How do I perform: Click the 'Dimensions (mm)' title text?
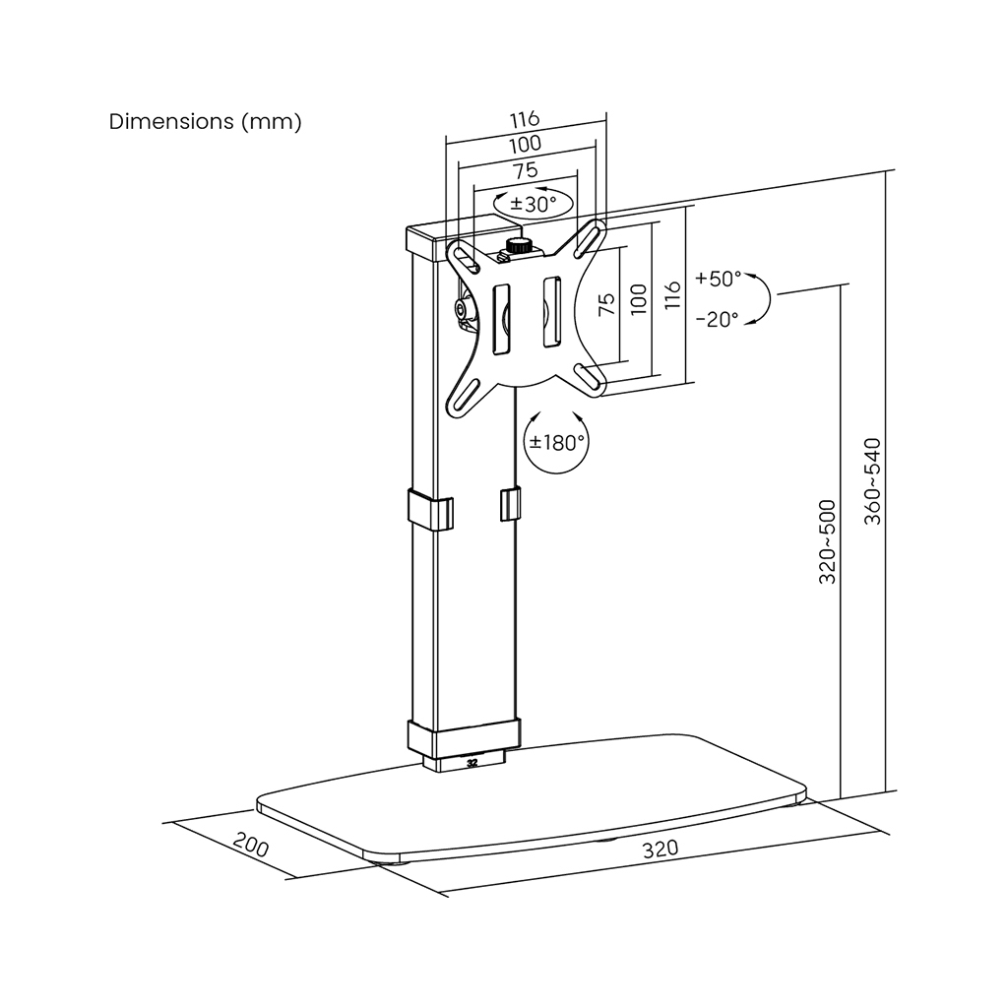(205, 121)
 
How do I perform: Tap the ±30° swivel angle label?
(533, 205)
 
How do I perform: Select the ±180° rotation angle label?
(557, 442)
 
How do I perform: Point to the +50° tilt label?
(718, 279)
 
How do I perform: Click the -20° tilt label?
(718, 319)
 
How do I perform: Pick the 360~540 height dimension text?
(872, 481)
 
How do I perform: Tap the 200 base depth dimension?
(251, 845)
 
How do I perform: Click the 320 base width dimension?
(661, 849)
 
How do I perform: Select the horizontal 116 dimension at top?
(525, 119)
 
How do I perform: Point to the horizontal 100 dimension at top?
(526, 145)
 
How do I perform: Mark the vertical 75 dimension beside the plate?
(606, 303)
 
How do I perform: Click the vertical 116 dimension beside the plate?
(671, 294)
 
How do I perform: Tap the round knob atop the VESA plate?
(518, 245)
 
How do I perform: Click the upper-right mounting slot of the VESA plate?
(590, 238)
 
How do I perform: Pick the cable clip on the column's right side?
(510, 504)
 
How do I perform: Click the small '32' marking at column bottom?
(472, 763)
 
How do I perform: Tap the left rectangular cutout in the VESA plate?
(501, 320)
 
